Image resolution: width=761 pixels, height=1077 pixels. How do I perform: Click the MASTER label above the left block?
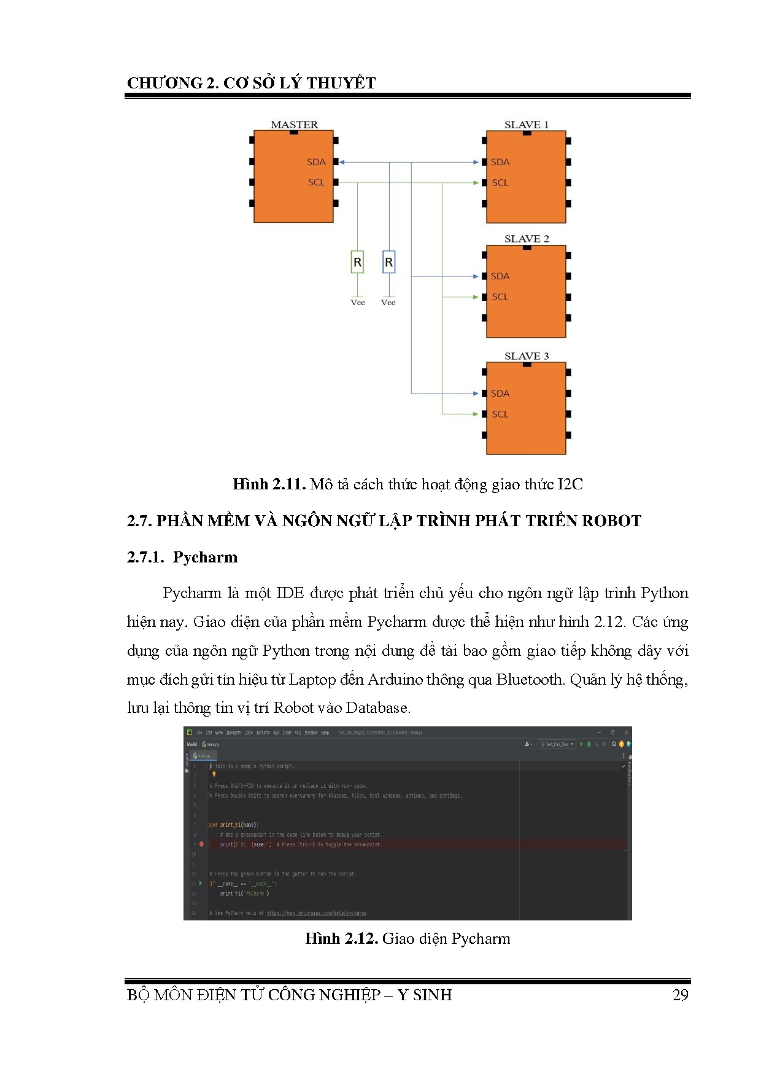coord(295,125)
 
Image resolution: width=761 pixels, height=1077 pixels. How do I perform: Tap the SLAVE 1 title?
coord(526,125)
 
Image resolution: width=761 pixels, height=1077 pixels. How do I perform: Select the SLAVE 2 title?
coord(527,239)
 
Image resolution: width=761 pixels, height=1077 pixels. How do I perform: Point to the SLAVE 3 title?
coord(527,356)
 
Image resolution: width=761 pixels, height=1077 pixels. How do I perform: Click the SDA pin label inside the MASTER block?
coord(316,162)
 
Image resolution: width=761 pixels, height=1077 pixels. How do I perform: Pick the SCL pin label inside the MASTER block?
coord(316,182)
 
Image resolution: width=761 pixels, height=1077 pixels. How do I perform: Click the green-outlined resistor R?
coord(357,262)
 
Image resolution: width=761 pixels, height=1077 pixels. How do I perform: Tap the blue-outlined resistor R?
coord(388,262)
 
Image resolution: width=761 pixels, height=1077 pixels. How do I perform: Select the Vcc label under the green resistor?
coord(358,302)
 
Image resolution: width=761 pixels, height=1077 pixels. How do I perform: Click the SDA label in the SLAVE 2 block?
coord(500,276)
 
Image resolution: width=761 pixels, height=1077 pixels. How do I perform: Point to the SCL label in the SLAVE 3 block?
coord(500,414)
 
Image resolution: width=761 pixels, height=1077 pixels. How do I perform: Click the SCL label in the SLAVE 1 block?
coord(500,183)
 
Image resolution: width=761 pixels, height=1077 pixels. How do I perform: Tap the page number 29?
coord(680,995)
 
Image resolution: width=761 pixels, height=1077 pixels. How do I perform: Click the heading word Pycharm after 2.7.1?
coord(205,557)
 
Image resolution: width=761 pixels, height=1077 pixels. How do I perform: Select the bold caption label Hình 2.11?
coord(269,484)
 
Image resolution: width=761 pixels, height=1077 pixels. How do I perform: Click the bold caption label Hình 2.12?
coord(341,939)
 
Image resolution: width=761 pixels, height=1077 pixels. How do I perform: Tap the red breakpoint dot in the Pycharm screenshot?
coord(201,844)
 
